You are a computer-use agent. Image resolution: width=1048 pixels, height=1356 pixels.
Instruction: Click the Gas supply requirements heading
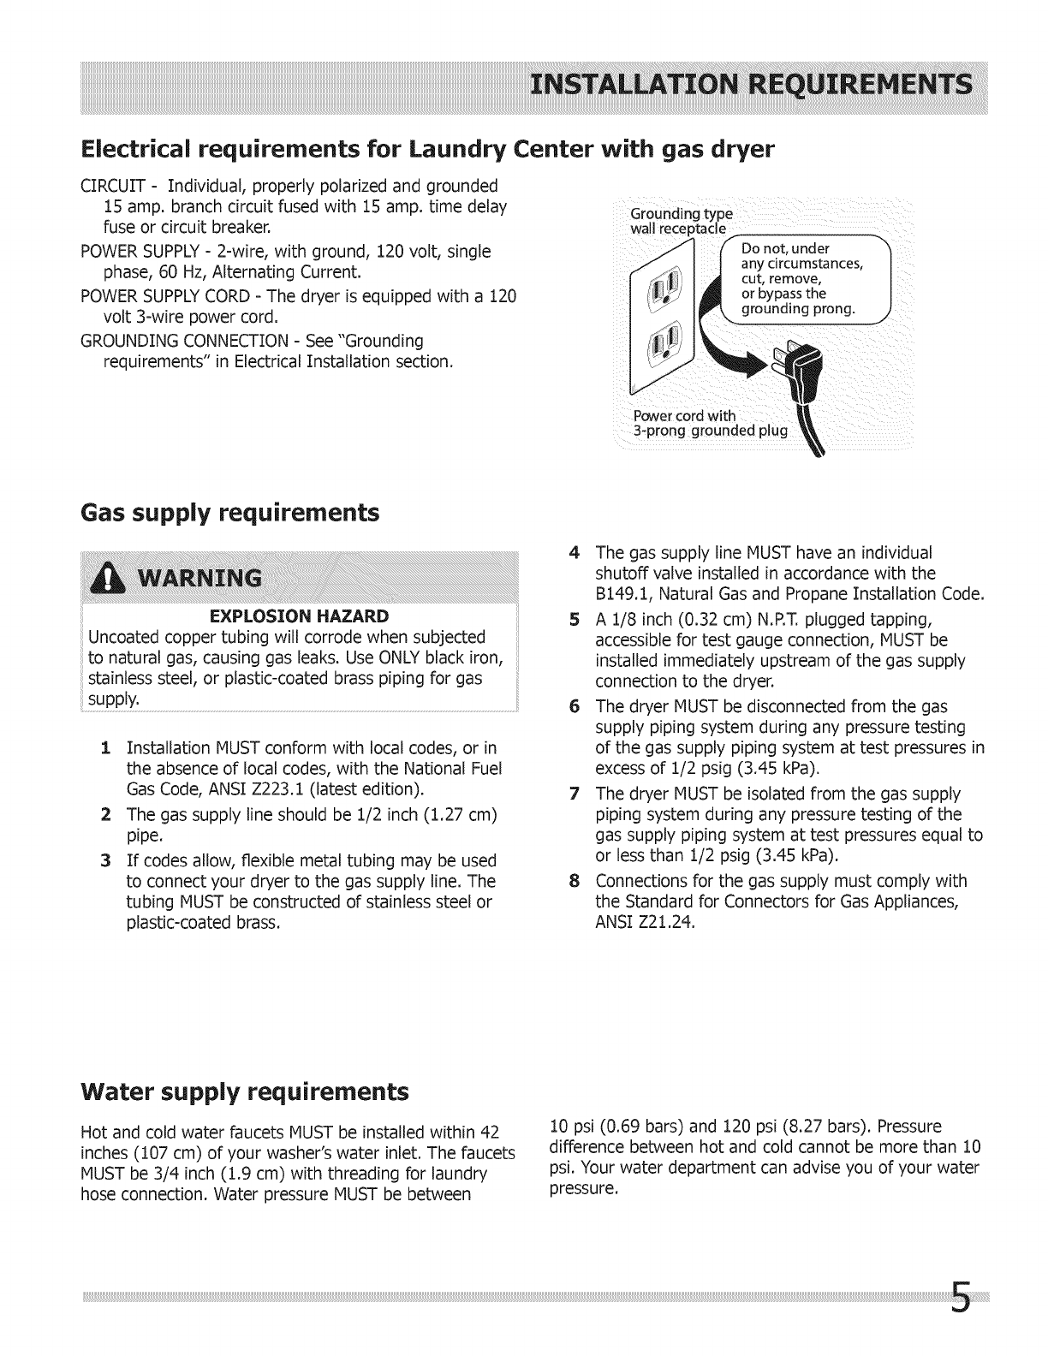[x=229, y=513]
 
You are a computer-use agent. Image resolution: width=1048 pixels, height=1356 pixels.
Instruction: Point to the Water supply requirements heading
[x=244, y=1092]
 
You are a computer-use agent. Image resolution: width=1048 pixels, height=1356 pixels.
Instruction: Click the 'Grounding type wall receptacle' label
[x=681, y=221]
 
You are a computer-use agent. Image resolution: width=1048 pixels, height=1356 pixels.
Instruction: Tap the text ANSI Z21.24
[x=645, y=923]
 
